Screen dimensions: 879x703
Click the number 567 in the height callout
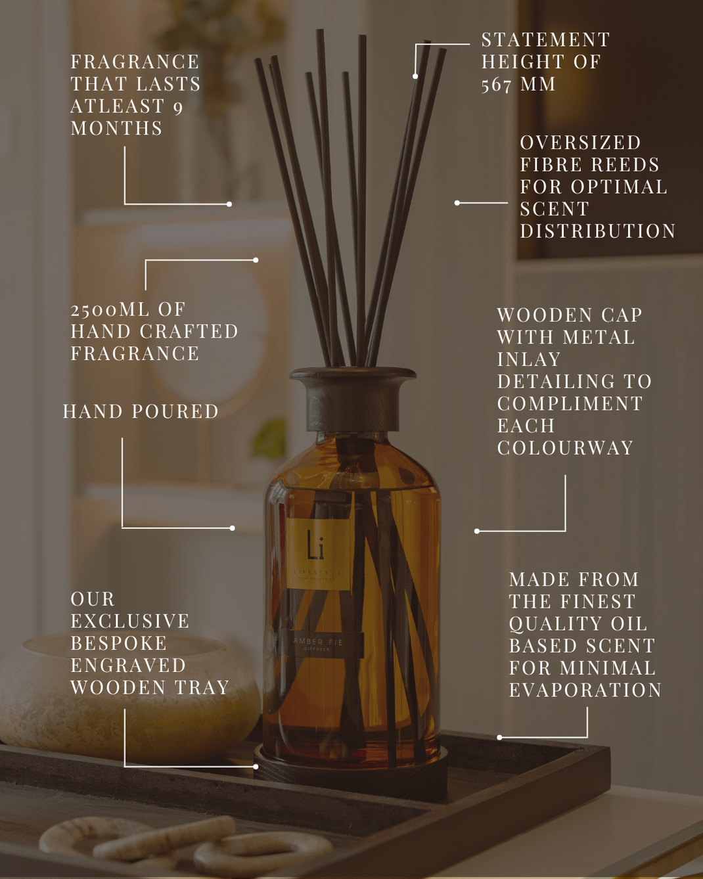coord(496,85)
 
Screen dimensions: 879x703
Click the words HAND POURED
coord(141,411)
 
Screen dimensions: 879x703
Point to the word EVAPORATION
coord(585,690)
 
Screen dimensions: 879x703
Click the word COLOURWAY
coord(565,447)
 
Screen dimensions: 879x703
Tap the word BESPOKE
coord(119,643)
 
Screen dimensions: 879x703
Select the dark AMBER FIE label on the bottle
coord(319,644)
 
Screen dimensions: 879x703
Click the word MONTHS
coord(116,128)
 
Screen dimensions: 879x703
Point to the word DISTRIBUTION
coord(598,231)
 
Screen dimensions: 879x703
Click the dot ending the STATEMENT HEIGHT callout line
coord(415,76)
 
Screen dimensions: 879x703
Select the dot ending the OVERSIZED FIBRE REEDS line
coord(457,203)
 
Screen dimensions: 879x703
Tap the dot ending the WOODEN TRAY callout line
coord(256,766)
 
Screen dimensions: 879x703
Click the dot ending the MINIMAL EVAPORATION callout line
coord(499,738)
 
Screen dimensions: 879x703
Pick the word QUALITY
coord(556,623)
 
